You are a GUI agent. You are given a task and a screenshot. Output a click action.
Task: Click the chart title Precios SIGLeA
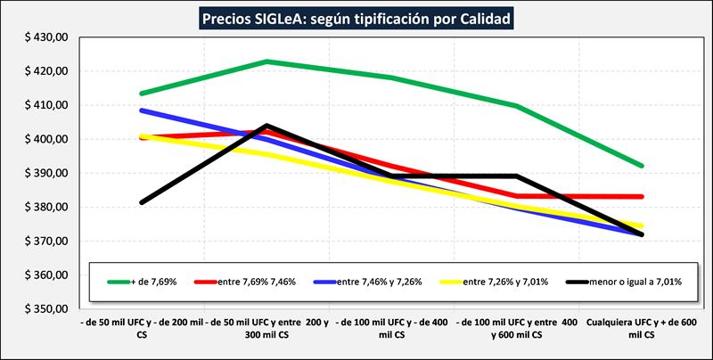point(356,18)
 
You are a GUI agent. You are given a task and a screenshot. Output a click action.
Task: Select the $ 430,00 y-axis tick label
point(44,37)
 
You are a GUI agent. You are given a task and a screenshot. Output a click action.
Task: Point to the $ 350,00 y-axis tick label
point(44,309)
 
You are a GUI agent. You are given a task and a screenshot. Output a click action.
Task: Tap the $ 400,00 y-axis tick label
point(44,139)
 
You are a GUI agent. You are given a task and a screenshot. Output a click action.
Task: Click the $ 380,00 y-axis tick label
point(44,208)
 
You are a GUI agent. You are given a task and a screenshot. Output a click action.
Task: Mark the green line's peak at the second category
point(267,61)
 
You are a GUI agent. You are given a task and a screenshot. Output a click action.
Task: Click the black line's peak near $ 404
point(267,126)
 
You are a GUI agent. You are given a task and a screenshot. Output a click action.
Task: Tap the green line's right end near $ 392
point(642,166)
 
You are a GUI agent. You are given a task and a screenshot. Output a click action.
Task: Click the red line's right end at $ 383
point(642,196)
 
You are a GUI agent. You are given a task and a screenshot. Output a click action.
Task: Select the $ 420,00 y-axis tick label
point(44,71)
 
